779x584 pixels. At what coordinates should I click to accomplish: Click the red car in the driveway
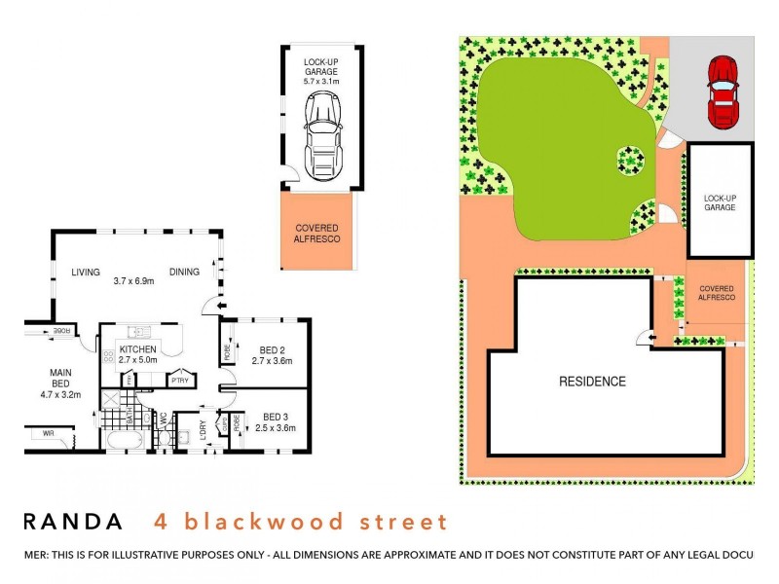click(x=723, y=91)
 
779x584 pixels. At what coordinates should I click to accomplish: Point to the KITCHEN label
click(x=138, y=348)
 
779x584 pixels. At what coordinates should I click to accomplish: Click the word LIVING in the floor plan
click(x=85, y=273)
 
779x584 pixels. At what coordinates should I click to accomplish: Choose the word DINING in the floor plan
click(x=184, y=273)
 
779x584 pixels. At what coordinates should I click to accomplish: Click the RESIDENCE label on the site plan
click(x=591, y=382)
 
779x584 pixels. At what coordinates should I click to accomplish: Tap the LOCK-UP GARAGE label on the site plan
click(x=720, y=202)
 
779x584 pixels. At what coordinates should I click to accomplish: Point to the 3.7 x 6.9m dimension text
click(x=134, y=282)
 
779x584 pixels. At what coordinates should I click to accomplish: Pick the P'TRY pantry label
click(x=181, y=381)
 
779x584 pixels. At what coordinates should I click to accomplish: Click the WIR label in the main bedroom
click(x=44, y=434)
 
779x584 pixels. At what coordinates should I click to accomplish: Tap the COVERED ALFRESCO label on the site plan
click(x=716, y=293)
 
